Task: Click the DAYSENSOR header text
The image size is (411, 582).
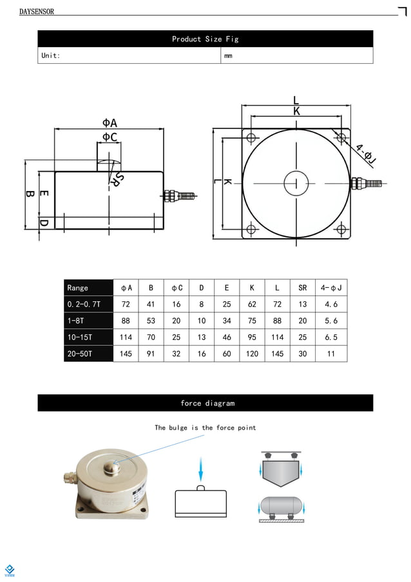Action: click(37, 12)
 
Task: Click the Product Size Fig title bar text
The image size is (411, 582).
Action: click(205, 39)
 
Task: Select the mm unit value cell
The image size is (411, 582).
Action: click(228, 56)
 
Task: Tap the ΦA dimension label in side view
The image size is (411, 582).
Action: click(110, 123)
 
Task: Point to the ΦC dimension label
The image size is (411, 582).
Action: click(110, 137)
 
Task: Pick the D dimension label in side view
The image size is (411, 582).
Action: click(44, 223)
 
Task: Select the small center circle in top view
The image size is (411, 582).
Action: click(296, 183)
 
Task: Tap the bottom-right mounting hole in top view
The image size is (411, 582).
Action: click(341, 228)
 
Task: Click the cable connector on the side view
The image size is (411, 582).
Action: click(179, 196)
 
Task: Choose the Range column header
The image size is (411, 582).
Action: click(78, 288)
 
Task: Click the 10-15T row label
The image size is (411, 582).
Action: click(80, 337)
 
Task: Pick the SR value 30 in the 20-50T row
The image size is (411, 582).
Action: click(302, 354)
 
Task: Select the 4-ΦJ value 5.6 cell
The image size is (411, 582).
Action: click(330, 321)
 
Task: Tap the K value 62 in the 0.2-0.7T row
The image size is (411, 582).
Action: click(251, 304)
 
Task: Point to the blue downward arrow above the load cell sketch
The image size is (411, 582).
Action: click(200, 466)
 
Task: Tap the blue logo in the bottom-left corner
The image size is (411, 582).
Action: click(10, 570)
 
